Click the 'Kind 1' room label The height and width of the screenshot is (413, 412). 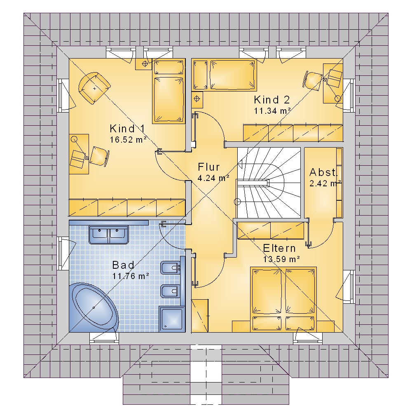coord(127,129)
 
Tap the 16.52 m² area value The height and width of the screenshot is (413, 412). coord(128,140)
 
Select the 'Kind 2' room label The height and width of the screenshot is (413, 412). coord(272,100)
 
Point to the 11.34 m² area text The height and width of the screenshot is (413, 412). coord(272,110)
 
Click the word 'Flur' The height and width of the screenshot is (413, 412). coord(208,167)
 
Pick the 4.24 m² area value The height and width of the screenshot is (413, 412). coord(213,178)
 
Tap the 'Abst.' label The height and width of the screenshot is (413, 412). coord(323,172)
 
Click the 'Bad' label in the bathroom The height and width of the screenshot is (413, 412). coord(123,265)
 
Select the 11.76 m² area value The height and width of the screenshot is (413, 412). coord(131,276)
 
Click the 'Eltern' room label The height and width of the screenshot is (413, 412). coord(279,248)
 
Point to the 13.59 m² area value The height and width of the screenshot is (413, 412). coord(281,259)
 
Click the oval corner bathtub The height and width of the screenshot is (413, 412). coord(94,307)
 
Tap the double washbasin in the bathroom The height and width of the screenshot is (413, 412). coord(109,235)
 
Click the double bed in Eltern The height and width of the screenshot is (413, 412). coord(283,300)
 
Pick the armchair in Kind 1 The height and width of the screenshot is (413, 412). coord(94,88)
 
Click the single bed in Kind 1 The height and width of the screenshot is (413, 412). coord(169,91)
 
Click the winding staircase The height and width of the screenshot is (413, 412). coord(269,183)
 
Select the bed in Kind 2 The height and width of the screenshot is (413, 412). coord(224,75)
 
